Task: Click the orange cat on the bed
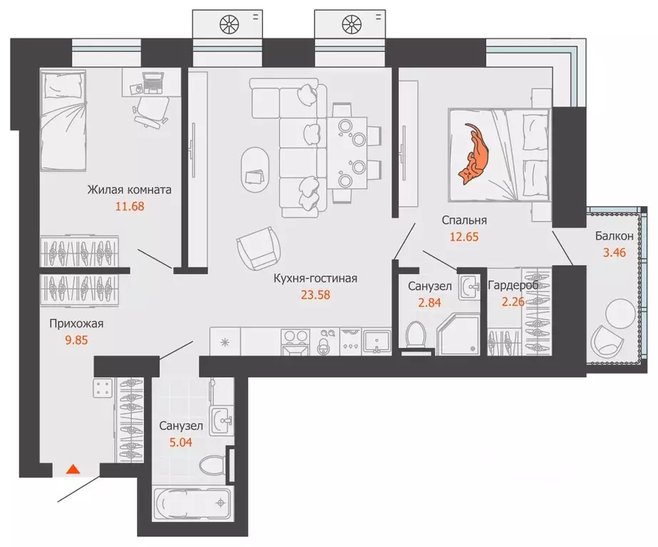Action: [473, 153]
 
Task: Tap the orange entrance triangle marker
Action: [73, 469]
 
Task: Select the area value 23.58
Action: [315, 295]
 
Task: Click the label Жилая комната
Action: [129, 190]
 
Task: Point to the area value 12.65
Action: [463, 237]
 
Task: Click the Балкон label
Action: [614, 236]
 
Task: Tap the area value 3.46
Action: [614, 252]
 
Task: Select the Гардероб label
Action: [513, 285]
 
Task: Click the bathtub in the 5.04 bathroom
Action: [192, 503]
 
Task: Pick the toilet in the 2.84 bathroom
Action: [416, 334]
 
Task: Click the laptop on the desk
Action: [153, 82]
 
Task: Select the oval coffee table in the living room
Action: [255, 169]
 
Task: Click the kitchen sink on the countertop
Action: [376, 342]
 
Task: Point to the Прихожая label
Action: [76, 324]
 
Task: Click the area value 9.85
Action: [76, 340]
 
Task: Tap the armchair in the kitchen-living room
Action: [259, 248]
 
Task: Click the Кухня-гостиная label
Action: [315, 278]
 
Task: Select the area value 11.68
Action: [130, 207]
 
